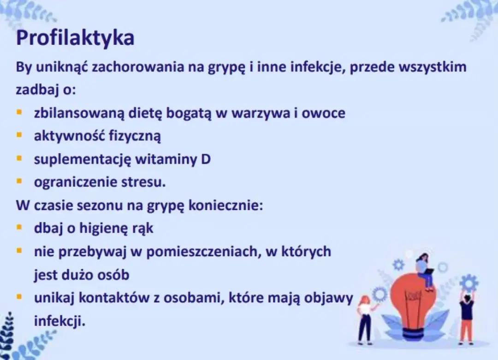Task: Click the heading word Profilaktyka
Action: pyautogui.click(x=75, y=38)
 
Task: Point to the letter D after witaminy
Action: pyautogui.click(x=206, y=159)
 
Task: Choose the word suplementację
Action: pyautogui.click(x=83, y=159)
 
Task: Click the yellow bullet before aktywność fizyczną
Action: pyautogui.click(x=19, y=135)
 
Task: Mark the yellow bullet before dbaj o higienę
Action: pyautogui.click(x=19, y=228)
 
